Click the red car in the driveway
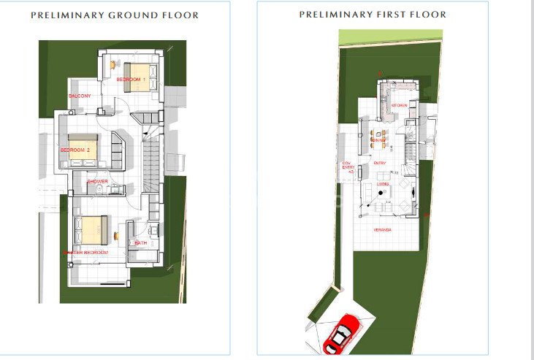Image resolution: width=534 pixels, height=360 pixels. point(341,332)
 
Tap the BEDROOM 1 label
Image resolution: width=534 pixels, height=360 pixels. point(134,79)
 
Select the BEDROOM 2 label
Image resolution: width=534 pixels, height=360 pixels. point(75,150)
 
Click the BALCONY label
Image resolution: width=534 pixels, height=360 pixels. point(80,96)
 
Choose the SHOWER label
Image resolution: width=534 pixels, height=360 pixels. point(97,181)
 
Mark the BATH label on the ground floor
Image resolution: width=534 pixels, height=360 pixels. point(140,242)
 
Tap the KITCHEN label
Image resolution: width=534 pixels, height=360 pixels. point(399,105)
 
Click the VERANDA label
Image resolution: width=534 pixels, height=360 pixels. point(382,229)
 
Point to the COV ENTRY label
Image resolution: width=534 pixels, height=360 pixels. point(347,166)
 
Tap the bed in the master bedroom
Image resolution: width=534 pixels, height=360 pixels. point(94,230)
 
